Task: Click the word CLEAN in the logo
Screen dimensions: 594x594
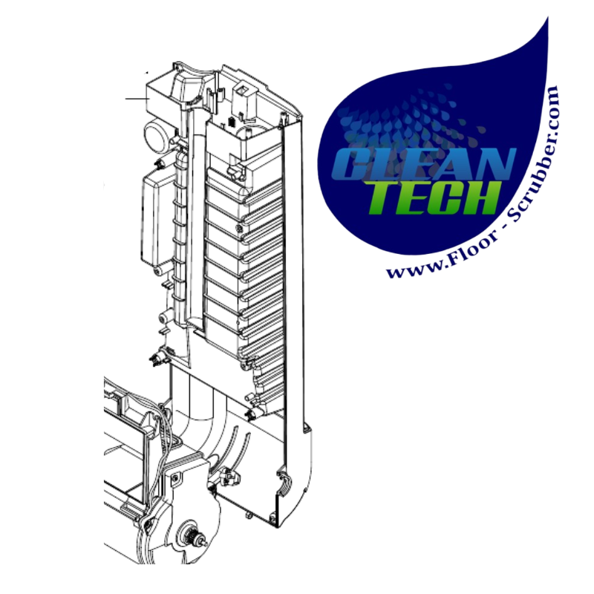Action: pyautogui.click(x=423, y=163)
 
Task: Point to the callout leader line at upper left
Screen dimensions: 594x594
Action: pyautogui.click(x=137, y=99)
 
